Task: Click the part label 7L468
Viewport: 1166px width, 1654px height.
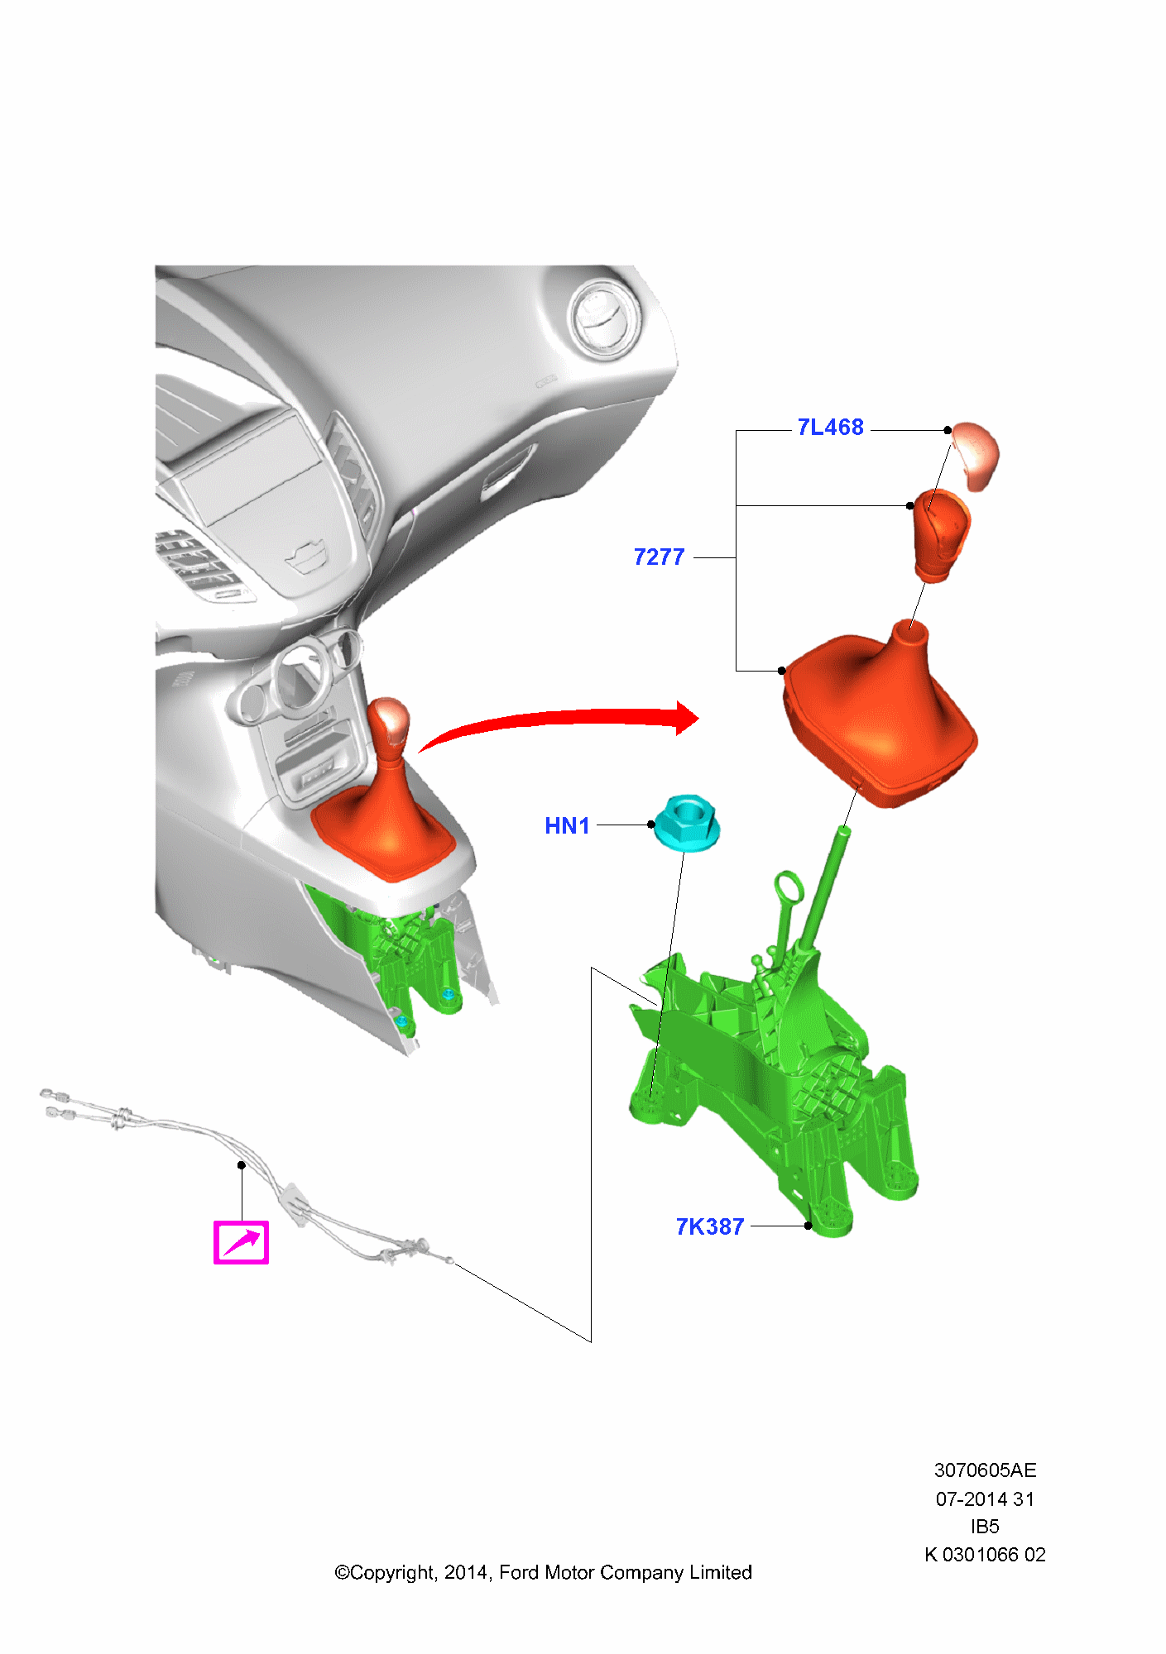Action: (830, 428)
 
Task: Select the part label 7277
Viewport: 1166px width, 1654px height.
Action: (659, 557)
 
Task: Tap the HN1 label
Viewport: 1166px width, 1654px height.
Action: (567, 825)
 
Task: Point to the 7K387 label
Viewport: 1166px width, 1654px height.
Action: (710, 1226)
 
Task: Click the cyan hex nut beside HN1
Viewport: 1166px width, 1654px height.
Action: (687, 822)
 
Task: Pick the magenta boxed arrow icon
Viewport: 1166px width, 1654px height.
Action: (241, 1242)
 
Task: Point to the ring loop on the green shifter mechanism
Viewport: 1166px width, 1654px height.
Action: (789, 888)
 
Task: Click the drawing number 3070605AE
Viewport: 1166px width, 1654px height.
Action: (985, 1470)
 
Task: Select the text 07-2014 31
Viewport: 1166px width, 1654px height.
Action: (985, 1499)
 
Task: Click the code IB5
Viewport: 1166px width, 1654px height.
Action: (985, 1527)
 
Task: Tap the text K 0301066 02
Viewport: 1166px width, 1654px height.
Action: (985, 1555)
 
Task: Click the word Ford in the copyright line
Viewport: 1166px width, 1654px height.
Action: (520, 1573)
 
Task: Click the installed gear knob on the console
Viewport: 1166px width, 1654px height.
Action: (389, 724)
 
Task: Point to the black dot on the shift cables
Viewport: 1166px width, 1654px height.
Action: (242, 1165)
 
